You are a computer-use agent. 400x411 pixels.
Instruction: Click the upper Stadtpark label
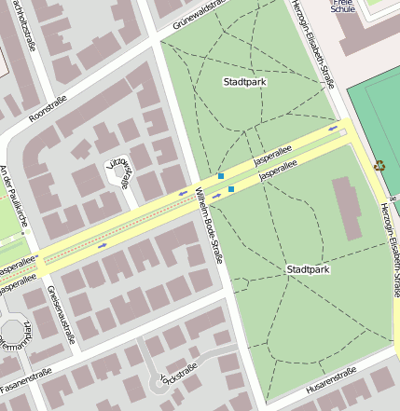coord(245,82)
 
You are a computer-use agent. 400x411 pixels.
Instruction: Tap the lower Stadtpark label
coord(307,269)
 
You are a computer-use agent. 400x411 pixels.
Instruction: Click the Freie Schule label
coord(343,6)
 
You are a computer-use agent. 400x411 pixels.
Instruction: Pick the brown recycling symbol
coord(379,167)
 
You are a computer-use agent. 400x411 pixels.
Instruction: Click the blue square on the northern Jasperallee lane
coord(221,175)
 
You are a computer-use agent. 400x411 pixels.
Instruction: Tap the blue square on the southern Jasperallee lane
coord(231,189)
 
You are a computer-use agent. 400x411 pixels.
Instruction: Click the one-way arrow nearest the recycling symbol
coord(333,128)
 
